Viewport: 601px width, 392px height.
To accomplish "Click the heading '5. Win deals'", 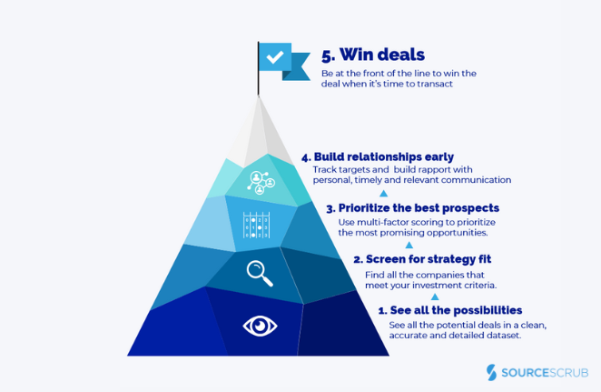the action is tap(372, 56).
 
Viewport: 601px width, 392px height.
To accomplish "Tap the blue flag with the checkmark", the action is tap(278, 59).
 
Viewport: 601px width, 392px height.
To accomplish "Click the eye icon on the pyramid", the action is tap(261, 326).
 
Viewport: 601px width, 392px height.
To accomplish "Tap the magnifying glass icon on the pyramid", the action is tap(261, 272).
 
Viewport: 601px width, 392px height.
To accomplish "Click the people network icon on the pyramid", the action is tap(261, 182).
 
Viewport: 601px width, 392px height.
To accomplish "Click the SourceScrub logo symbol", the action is tap(492, 373).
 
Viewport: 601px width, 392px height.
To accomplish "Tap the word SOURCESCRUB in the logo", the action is tap(544, 373).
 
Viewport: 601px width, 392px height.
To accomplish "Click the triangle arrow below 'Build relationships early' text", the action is tap(383, 194).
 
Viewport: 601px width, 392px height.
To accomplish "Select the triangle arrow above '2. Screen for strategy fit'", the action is tap(409, 245).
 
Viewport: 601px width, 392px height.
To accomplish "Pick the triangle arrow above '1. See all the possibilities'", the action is tap(435, 297).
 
